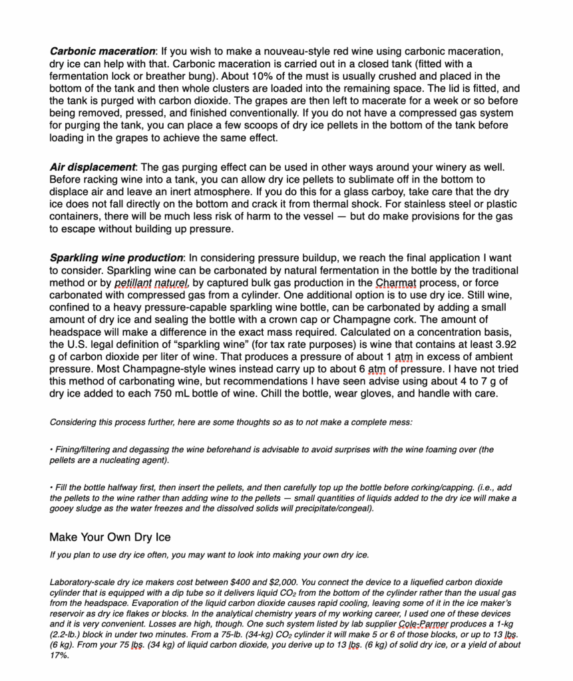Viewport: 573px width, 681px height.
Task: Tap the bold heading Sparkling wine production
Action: click(x=116, y=257)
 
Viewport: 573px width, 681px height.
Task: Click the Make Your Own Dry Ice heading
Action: click(x=110, y=537)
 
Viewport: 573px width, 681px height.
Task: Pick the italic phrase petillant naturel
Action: click(x=152, y=283)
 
